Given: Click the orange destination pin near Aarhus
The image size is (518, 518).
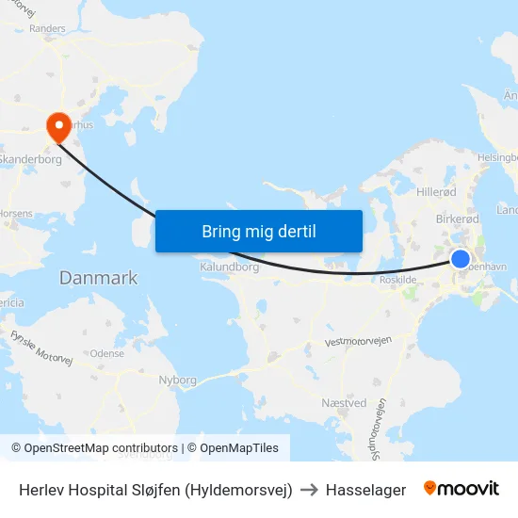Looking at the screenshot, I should click(57, 126).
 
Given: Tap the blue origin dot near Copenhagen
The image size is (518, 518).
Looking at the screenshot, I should click(461, 259).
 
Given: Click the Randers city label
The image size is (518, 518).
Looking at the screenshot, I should click(48, 29).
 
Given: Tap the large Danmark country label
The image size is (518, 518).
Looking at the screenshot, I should click(98, 278).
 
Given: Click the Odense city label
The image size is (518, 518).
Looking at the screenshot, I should click(107, 353).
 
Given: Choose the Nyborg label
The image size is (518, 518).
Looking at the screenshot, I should click(178, 380).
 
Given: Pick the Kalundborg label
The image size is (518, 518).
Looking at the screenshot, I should click(229, 267).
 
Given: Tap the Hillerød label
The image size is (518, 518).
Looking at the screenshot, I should click(436, 190).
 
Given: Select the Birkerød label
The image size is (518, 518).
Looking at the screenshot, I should click(458, 219).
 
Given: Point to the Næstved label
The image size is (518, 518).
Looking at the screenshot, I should click(344, 403).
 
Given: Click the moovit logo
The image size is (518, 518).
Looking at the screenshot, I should click(461, 489).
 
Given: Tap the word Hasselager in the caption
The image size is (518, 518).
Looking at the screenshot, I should click(365, 490).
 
